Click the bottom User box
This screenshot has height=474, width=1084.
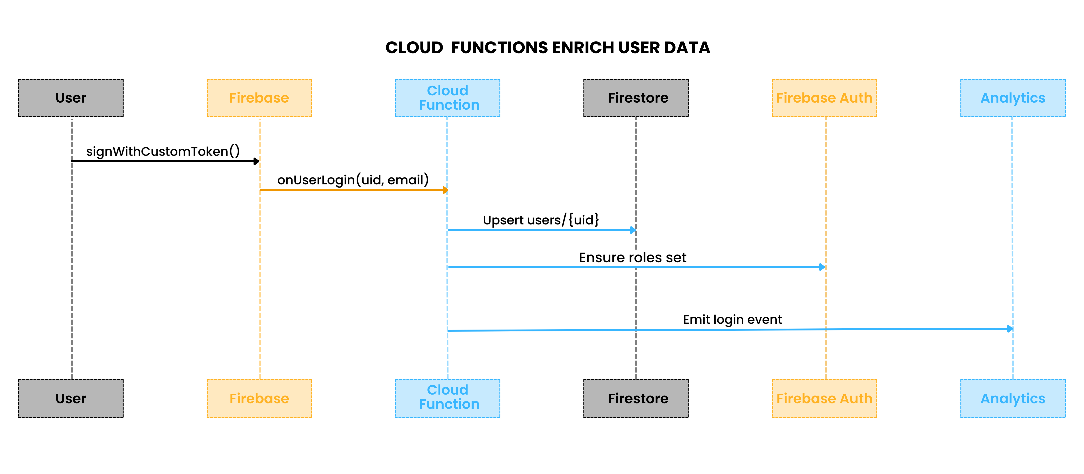tap(71, 398)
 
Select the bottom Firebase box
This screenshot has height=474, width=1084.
tap(259, 398)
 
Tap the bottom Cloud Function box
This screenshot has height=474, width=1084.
tap(447, 398)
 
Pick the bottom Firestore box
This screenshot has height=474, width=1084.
tap(636, 398)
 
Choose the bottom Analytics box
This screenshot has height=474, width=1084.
tap(1012, 398)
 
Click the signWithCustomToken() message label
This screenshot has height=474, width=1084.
tap(163, 151)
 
